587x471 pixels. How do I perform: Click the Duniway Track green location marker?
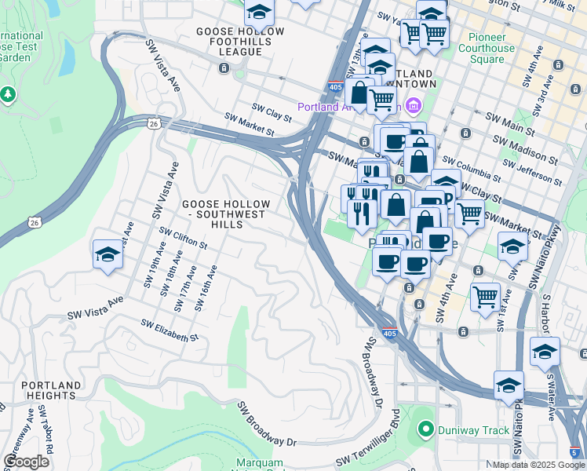click(425, 429)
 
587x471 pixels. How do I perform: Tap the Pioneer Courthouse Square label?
click(491, 48)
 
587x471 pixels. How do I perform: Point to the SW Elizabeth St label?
click(170, 330)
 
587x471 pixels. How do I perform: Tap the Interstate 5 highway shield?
click(577, 451)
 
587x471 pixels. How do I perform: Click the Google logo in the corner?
click(26, 462)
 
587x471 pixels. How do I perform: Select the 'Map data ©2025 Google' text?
click(538, 465)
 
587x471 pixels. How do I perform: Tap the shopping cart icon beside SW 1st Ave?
click(486, 297)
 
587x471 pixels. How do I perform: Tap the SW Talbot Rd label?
click(49, 444)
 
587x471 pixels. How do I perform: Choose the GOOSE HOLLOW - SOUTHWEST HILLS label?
click(226, 214)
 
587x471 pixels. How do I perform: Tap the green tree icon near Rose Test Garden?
click(9, 94)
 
